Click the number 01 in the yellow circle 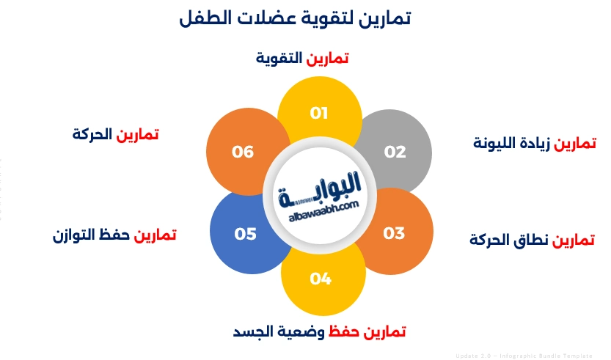[x=318, y=113]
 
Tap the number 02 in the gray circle [x=395, y=152]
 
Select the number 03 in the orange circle [x=394, y=233]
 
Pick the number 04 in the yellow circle [x=321, y=279]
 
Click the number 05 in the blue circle [x=245, y=234]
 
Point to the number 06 [x=243, y=152]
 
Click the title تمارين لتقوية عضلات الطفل [x=295, y=19]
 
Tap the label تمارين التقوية [x=302, y=58]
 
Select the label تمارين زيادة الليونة [x=535, y=142]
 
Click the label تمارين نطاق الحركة [x=532, y=240]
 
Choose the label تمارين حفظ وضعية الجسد [x=319, y=331]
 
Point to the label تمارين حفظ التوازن [x=114, y=235]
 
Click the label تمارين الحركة [x=116, y=135]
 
